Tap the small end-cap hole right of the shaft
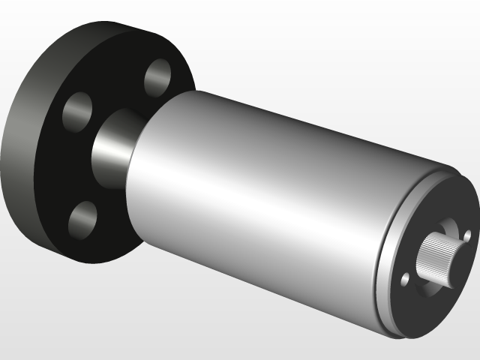pyautogui.click(x=467, y=235)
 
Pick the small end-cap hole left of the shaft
pyautogui.click(x=406, y=280)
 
